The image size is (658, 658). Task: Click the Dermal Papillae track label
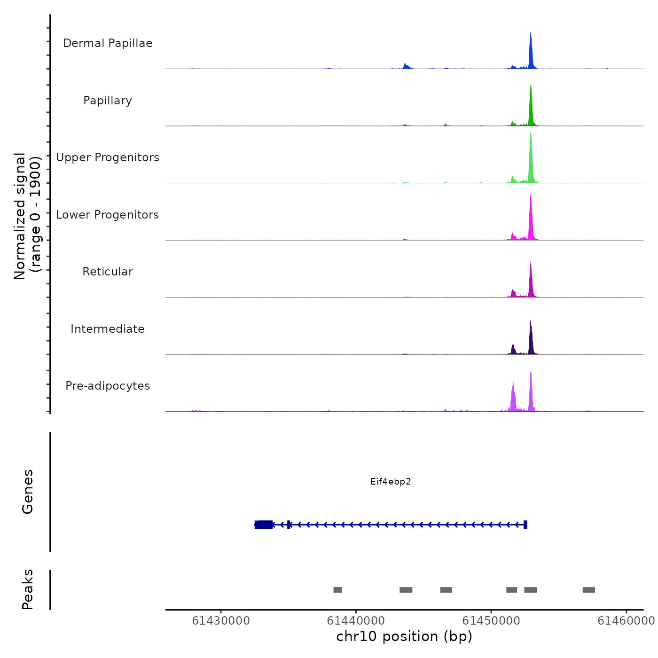pos(108,43)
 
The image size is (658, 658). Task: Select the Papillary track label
pos(108,101)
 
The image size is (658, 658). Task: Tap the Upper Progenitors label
pos(108,157)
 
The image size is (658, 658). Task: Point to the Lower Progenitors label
pos(108,215)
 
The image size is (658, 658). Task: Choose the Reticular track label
pos(108,272)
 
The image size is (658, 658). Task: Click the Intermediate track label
pos(108,329)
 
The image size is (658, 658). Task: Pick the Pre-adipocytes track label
pos(108,386)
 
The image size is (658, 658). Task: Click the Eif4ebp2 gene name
pos(391,482)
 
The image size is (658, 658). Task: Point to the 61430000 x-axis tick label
pos(221,621)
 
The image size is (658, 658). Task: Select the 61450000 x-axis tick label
pos(491,621)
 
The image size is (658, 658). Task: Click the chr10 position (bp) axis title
pos(404,636)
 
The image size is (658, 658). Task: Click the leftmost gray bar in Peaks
pos(337,590)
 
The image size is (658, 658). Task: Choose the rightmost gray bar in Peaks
pos(589,590)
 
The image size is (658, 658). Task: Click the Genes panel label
pos(27,492)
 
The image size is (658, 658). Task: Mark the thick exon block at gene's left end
pos(264,525)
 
